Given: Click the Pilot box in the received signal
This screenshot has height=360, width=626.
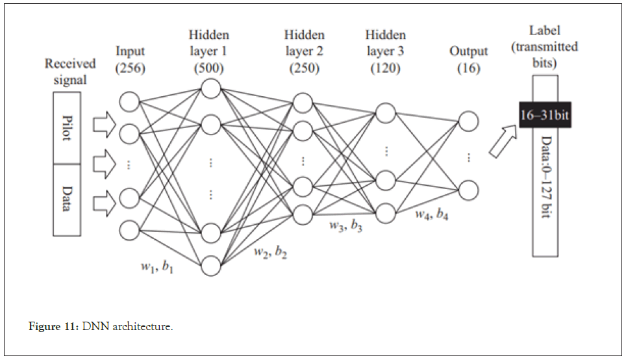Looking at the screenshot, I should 67,127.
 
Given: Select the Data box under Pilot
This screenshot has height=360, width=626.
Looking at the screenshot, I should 67,199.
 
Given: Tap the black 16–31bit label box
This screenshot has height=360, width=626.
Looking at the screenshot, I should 545,116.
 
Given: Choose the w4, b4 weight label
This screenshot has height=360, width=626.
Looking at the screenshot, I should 431,214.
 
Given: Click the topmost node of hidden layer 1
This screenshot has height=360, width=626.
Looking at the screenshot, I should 211,88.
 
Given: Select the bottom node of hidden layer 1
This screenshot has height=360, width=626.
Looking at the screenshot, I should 211,266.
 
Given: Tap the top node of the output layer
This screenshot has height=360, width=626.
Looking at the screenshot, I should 468,122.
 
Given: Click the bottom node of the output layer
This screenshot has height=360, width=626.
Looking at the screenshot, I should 468,190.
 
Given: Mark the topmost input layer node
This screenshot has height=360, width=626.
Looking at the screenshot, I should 130,101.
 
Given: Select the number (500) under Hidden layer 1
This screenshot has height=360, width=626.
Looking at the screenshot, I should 208,68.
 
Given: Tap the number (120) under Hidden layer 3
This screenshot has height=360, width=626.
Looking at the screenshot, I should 386,68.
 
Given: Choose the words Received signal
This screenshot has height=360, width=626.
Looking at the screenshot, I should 70,71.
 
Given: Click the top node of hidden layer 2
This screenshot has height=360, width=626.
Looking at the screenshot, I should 302,103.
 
